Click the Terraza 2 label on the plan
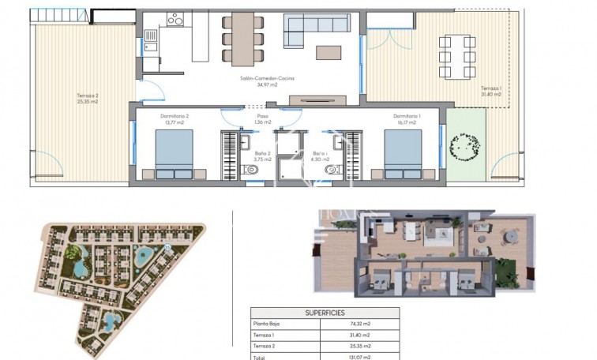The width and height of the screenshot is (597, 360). click(x=88, y=99)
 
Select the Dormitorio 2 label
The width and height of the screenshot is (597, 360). click(x=176, y=119)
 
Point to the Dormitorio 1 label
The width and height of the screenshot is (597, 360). click(x=407, y=119)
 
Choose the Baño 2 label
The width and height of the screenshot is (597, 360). click(x=262, y=156)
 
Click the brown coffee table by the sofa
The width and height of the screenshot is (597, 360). click(x=329, y=53)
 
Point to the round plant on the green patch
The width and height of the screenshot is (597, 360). click(x=464, y=145)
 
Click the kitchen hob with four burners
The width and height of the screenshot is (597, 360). click(x=175, y=20)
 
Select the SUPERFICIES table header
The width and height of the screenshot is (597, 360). click(x=325, y=313)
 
